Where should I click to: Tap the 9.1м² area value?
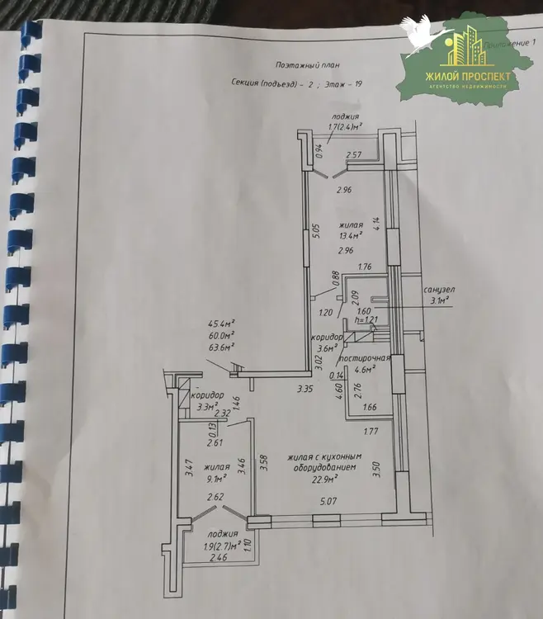(217, 477)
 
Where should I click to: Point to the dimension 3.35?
(307, 388)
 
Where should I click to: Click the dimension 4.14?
(375, 223)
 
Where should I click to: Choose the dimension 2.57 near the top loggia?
(355, 154)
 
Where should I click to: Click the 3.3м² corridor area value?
(205, 406)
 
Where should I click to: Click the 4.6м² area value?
(365, 371)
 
